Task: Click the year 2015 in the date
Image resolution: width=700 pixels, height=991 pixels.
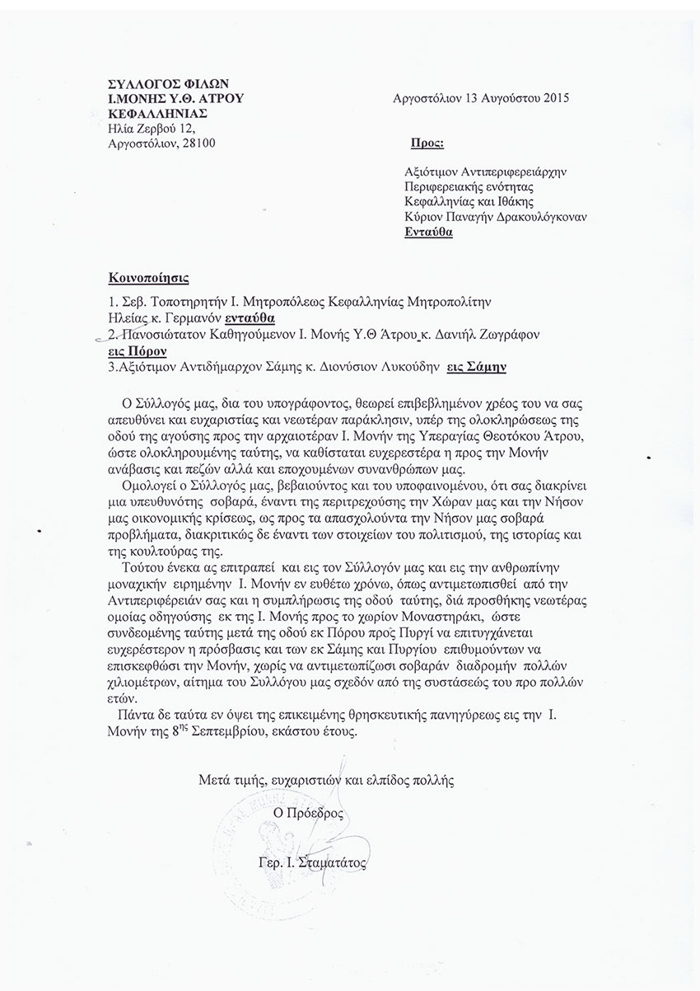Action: [x=553, y=98]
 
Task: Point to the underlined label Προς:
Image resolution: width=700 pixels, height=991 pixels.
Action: [x=427, y=143]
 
